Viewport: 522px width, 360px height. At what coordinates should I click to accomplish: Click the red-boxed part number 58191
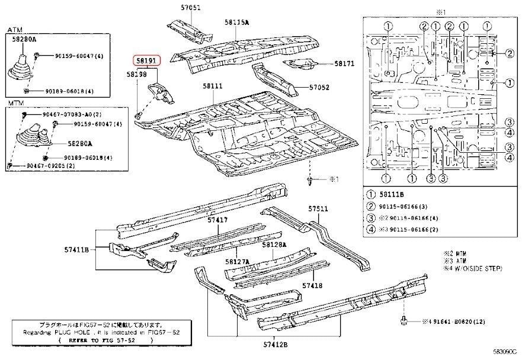[145, 60]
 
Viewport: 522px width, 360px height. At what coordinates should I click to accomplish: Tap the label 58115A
[236, 22]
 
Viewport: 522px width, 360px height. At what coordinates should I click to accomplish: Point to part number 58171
[344, 63]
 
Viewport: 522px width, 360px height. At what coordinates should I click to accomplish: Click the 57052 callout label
[319, 88]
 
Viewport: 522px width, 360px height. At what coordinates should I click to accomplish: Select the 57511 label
[318, 208]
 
